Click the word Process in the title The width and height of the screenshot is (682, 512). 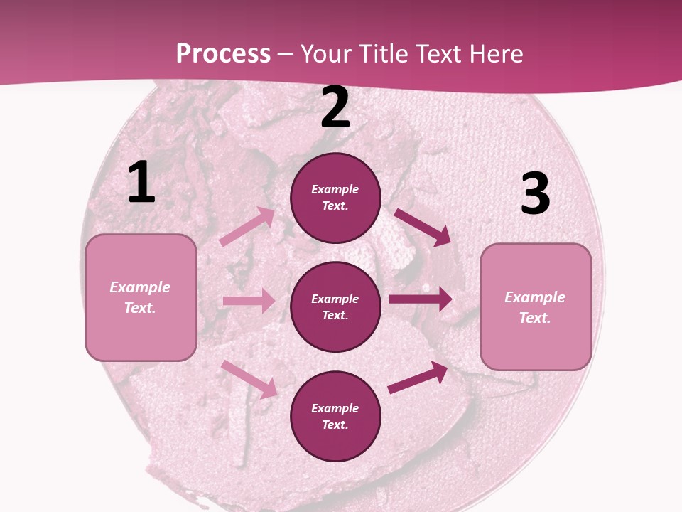pos(223,54)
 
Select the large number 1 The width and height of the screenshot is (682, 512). pos(141,183)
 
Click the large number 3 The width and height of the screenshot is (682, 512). pos(535,194)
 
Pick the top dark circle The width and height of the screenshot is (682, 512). pos(335,198)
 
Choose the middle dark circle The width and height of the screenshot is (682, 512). pos(335,306)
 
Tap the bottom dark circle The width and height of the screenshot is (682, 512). pos(335,416)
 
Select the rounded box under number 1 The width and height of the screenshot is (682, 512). pos(141,297)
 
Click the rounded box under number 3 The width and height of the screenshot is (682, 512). pos(536,307)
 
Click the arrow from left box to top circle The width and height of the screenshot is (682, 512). pos(247,226)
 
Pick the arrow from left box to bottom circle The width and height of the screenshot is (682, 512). pos(249,379)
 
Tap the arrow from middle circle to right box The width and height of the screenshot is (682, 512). pos(421,299)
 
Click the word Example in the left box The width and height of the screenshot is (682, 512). pos(140,287)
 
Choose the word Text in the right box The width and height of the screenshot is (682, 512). pos(534,318)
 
